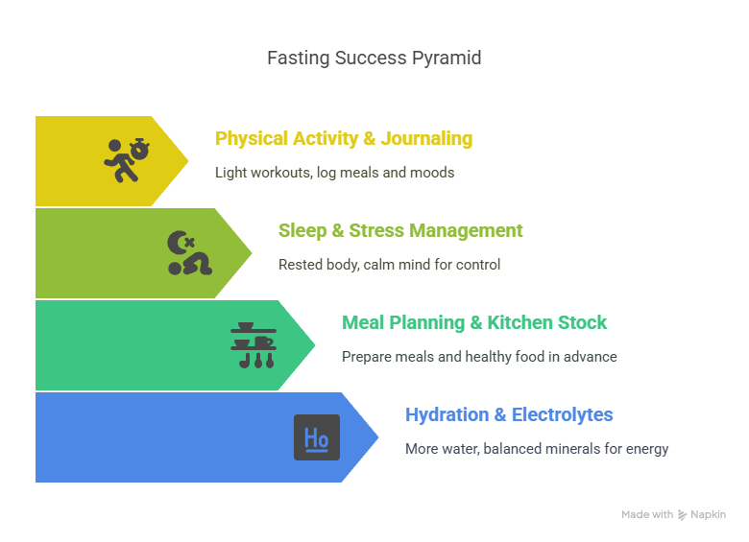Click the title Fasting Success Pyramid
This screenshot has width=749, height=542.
[x=374, y=59]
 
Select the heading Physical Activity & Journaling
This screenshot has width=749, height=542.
[x=344, y=138]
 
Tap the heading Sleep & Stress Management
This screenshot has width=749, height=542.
[x=400, y=230]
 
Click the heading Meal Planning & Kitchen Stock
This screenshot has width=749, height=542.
[x=474, y=322]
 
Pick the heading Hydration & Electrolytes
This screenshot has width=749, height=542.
[x=509, y=414]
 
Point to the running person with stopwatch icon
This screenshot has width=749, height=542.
[x=128, y=160]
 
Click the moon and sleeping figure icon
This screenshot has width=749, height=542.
[x=188, y=253]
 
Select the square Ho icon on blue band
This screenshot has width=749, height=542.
[x=317, y=437]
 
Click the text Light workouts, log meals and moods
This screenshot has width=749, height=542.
[x=334, y=173]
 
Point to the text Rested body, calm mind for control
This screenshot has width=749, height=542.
[x=389, y=264]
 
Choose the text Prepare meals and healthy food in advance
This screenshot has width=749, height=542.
[x=479, y=356]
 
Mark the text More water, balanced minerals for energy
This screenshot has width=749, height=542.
[x=537, y=448]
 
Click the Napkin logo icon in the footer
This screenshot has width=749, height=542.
[x=682, y=515]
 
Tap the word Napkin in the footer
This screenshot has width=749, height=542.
[x=709, y=515]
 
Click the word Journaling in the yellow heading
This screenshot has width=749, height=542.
[x=426, y=138]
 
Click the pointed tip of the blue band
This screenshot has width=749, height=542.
[x=378, y=437]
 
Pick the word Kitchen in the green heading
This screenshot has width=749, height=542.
[x=521, y=322]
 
